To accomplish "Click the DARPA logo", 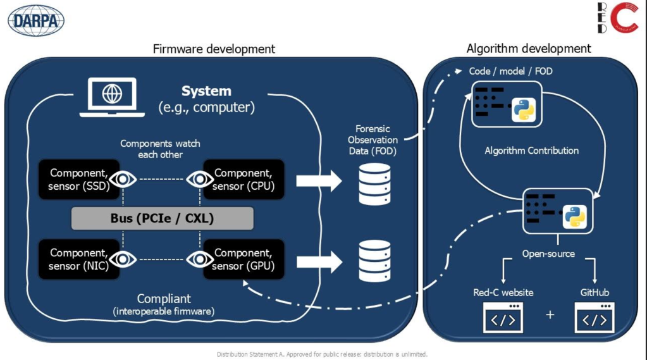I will pyautogui.click(x=36, y=20).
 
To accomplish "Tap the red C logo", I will pyautogui.click(x=619, y=18).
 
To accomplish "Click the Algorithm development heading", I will pyautogui.click(x=529, y=49).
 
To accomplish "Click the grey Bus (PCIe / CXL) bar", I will pyautogui.click(x=163, y=219).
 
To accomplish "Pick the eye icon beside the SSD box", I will pyautogui.click(x=123, y=180).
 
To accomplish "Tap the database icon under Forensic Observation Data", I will pyautogui.click(x=374, y=184).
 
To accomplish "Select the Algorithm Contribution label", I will pyautogui.click(x=531, y=151).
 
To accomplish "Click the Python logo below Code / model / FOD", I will pyautogui.click(x=524, y=109).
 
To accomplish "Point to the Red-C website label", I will pyautogui.click(x=503, y=292).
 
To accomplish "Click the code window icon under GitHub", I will pyautogui.click(x=595, y=317).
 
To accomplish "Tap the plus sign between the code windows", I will pyautogui.click(x=550, y=314).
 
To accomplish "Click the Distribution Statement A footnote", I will pyautogui.click(x=323, y=354).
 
